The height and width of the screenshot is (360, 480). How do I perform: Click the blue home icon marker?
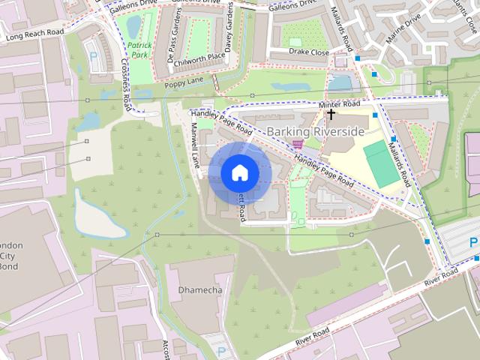pyautogui.click(x=239, y=172)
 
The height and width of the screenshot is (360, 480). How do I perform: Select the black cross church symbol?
pyautogui.click(x=331, y=115)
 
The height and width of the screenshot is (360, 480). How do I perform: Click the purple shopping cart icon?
pyautogui.click(x=298, y=143)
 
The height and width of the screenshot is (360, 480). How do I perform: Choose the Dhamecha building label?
pyautogui.click(x=198, y=289)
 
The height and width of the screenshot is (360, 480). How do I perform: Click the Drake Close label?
pyautogui.click(x=309, y=52)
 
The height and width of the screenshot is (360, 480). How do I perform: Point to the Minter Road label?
pyautogui.click(x=339, y=103)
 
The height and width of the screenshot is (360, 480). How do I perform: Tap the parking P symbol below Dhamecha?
pyautogui.click(x=221, y=351)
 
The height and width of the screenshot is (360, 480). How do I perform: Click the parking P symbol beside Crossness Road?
pyautogui.click(x=93, y=55)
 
